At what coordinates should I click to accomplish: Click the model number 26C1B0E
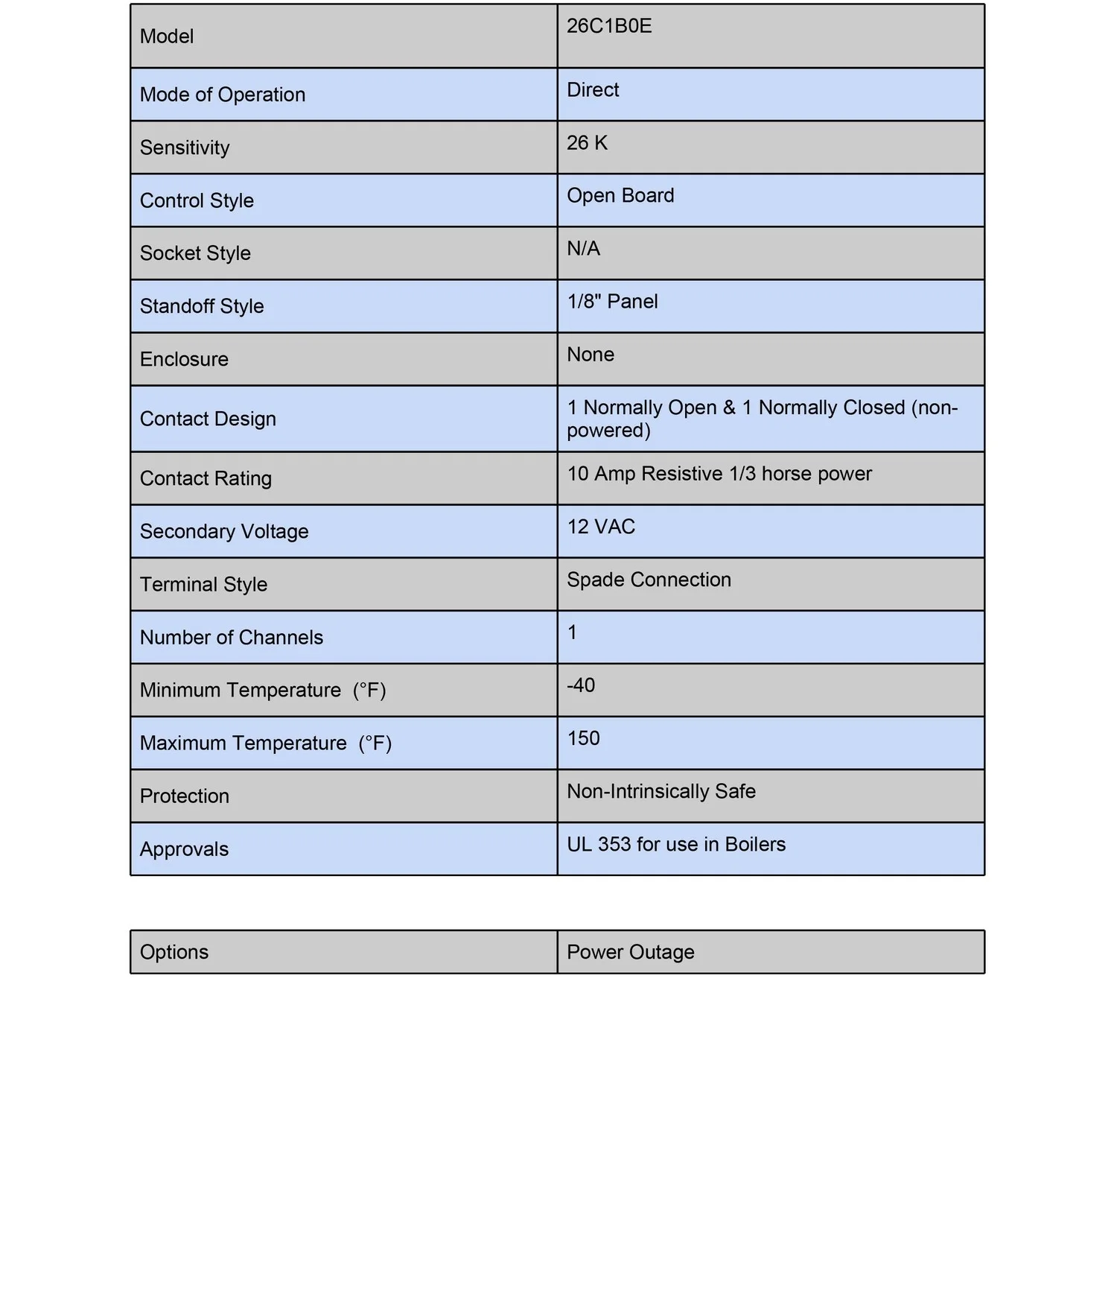(609, 26)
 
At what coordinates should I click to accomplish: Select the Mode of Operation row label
(223, 95)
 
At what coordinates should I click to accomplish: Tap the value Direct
(593, 90)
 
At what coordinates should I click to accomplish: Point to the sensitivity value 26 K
(587, 143)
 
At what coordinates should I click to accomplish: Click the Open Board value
(620, 196)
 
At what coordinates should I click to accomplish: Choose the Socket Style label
(195, 253)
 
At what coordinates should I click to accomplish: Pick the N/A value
(583, 249)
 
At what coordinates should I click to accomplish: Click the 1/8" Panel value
(612, 302)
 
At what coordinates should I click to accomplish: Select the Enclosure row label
(184, 359)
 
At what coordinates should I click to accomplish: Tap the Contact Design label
(208, 419)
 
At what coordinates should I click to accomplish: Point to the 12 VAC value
(601, 527)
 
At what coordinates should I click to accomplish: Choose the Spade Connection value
(649, 580)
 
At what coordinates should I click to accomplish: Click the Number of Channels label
(232, 638)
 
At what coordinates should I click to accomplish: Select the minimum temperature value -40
(581, 685)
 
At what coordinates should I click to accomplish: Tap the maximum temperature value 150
(583, 739)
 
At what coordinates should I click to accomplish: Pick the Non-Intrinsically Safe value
(661, 792)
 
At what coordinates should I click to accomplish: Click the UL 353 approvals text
(676, 845)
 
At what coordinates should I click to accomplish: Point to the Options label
(174, 952)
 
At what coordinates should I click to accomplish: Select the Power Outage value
(631, 952)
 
